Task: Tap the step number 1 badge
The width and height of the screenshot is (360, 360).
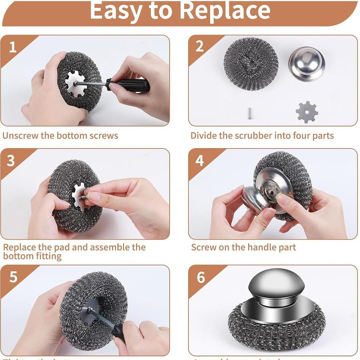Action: pyautogui.click(x=13, y=47)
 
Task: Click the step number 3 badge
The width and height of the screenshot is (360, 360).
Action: pyautogui.click(x=11, y=161)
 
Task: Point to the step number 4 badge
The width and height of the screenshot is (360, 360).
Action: pyautogui.click(x=199, y=161)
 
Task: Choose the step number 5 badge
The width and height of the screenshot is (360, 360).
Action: pyautogui.click(x=13, y=277)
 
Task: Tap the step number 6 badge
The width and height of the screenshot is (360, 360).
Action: pyautogui.click(x=201, y=278)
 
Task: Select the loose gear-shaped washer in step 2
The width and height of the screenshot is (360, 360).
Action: pyautogui.click(x=307, y=112)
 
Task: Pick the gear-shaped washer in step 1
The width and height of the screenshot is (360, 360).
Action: pyautogui.click(x=77, y=84)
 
